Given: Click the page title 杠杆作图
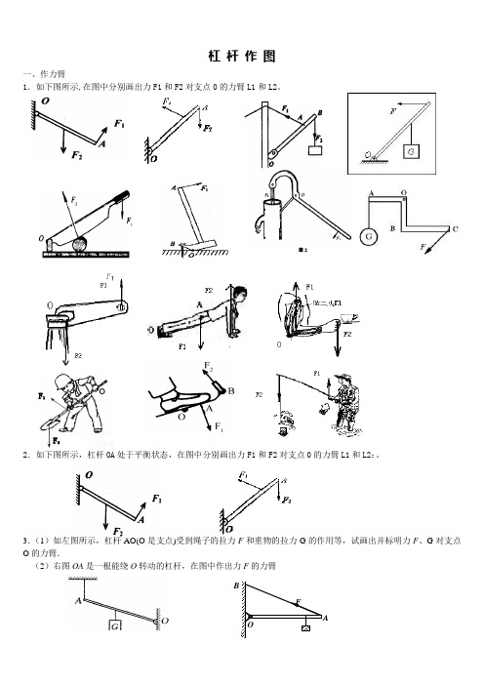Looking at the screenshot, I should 243,56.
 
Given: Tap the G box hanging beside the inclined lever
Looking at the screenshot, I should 413,152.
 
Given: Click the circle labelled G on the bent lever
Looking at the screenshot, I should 370,236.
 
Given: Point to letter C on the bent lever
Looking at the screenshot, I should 454,228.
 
